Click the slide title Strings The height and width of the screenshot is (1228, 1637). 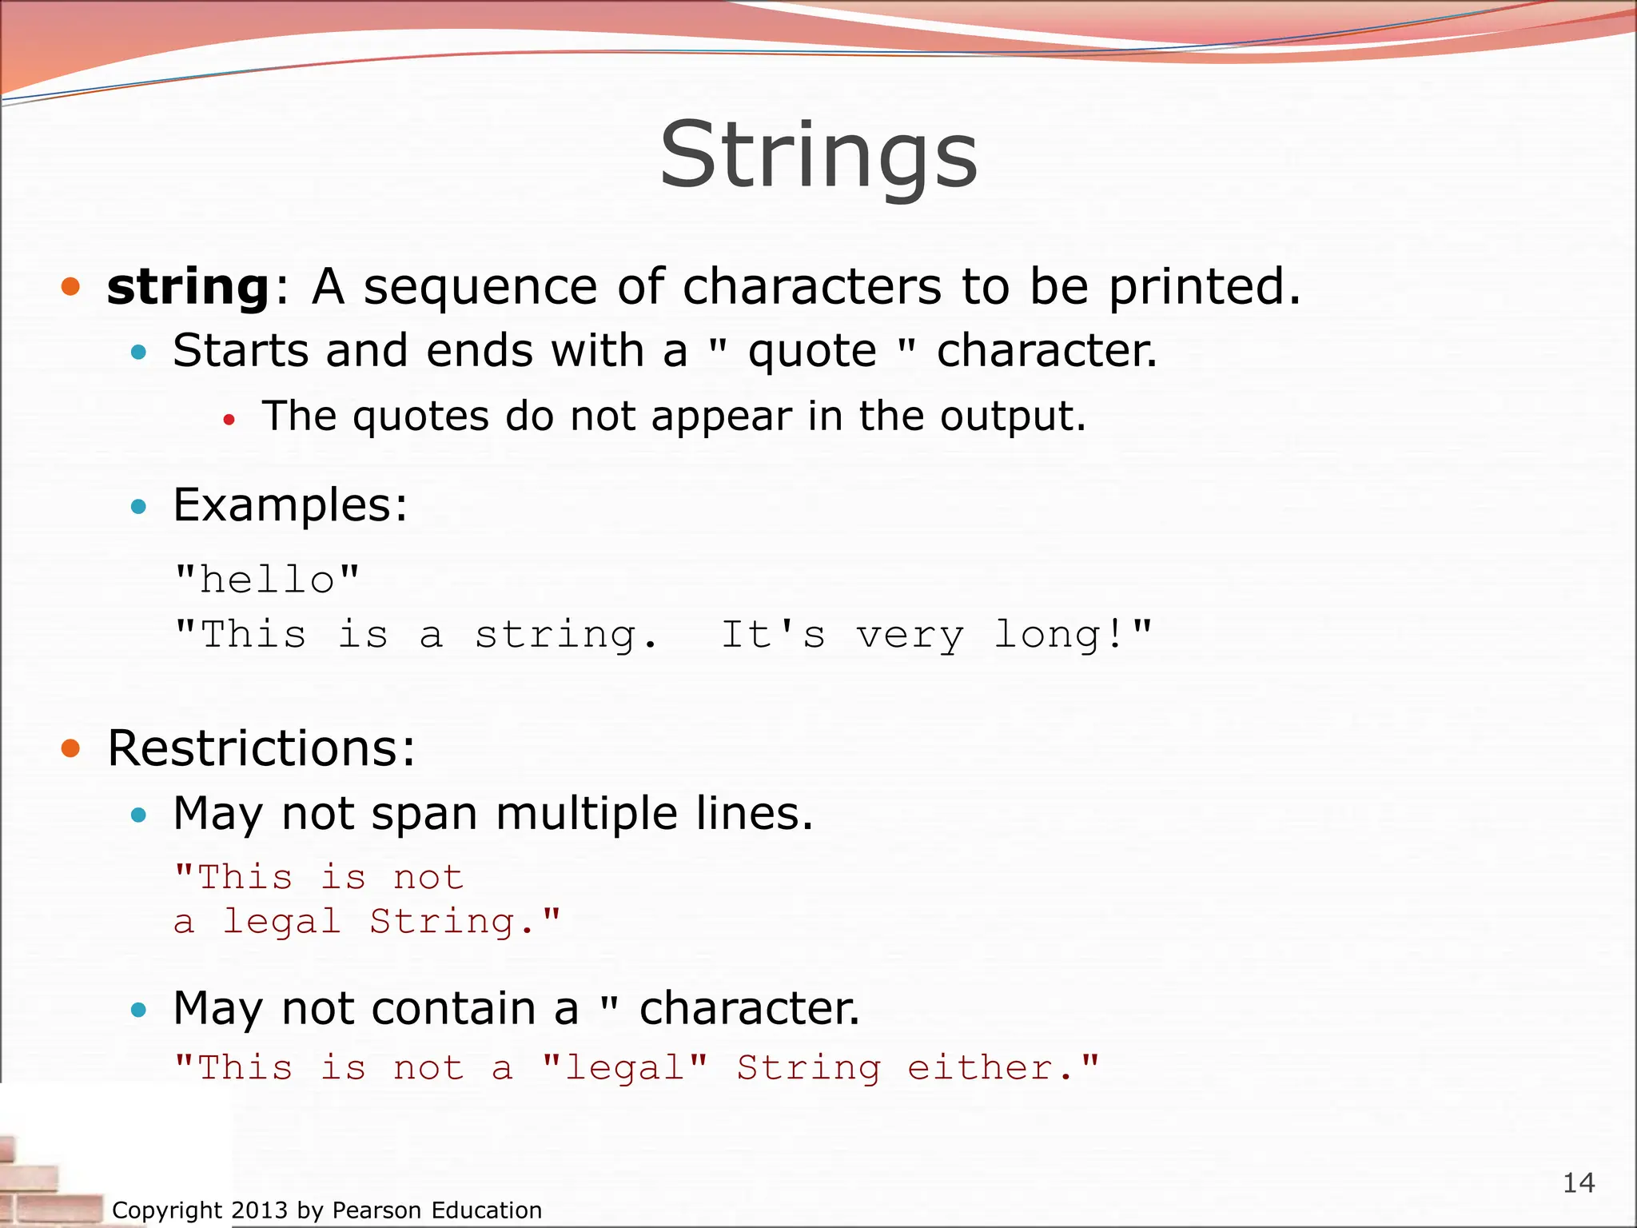coord(818,155)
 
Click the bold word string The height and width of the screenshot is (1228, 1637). coord(189,287)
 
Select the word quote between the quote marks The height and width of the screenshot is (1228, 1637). coord(812,352)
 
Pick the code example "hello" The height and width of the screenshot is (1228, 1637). coord(268,580)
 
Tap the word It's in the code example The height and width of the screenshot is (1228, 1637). coord(773,636)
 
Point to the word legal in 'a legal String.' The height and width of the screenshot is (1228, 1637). coord(282,922)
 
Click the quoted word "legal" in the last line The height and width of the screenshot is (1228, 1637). coord(624,1068)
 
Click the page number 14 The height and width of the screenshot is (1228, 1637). coord(1579,1182)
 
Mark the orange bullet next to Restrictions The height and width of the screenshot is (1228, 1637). coord(71,748)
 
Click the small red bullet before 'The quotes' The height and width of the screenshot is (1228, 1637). coord(229,419)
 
